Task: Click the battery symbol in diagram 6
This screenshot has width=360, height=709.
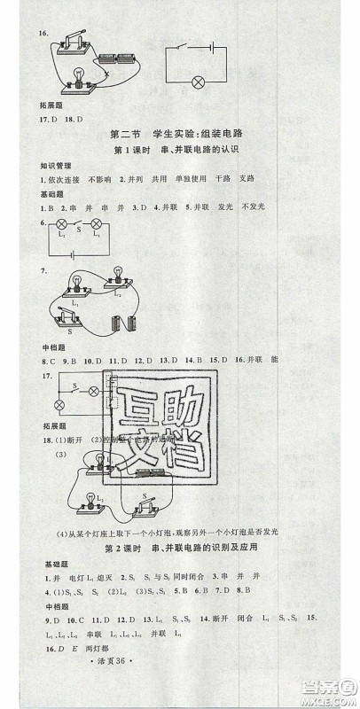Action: coord(60,251)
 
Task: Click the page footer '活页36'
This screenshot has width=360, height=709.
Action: coord(177,690)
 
